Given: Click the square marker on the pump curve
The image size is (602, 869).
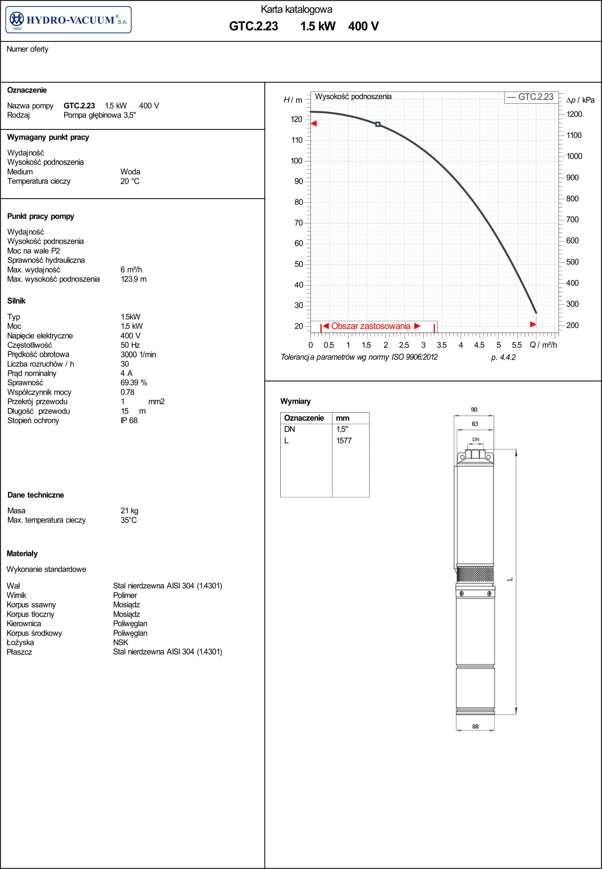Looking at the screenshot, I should [x=377, y=124].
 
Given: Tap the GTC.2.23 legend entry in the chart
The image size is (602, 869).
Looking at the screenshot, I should [x=530, y=97].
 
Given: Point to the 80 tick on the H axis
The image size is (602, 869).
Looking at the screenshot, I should [x=299, y=202].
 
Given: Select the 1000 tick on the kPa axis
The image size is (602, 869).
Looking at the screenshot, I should [x=574, y=156].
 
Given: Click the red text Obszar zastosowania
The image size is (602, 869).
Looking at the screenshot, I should [x=371, y=326].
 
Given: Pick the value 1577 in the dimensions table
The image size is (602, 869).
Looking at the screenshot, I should [x=344, y=440].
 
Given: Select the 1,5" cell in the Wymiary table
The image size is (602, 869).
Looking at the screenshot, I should [x=342, y=429].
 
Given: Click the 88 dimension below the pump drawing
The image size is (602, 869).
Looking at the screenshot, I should [x=475, y=726].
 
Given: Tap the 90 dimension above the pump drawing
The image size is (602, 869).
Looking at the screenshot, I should [x=474, y=409].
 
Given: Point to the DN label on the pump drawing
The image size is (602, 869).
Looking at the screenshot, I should [x=476, y=439].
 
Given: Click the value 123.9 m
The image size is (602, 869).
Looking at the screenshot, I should [x=133, y=279].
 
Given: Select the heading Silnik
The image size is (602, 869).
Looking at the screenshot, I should [x=17, y=301].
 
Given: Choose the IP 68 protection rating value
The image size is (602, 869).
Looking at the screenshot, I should [x=129, y=420].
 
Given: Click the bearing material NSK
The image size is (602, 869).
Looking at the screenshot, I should [x=121, y=642].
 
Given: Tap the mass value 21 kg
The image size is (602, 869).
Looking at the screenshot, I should [x=129, y=510].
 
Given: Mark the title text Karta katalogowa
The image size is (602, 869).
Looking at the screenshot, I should [x=296, y=9].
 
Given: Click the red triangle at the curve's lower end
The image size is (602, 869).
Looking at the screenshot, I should [x=533, y=324].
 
